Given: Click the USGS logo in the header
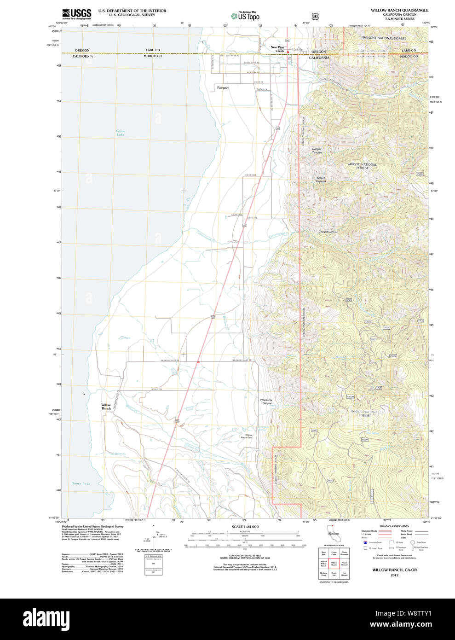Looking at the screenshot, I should point(76,13).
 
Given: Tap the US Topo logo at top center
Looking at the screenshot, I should point(246,16).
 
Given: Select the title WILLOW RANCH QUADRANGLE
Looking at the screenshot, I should point(399,10).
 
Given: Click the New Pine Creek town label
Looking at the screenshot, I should point(277,49).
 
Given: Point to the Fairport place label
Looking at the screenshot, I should point(223,87).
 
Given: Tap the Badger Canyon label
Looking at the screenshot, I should point(317,151).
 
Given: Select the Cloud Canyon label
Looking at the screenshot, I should point(321,179).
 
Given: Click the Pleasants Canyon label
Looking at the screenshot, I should point(266,401).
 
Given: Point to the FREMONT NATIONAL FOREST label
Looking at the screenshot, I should point(383,38).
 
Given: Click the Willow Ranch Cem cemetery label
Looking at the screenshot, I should point(247,436).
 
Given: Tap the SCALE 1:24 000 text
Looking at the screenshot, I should point(245,527).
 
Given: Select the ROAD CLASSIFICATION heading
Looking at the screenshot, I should point(394,526).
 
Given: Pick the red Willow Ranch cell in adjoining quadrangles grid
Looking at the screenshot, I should point(334,563).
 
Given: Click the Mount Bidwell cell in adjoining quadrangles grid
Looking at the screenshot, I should point(344,563).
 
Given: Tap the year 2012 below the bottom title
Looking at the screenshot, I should point(394,575).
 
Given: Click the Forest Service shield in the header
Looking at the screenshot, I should point(315,16).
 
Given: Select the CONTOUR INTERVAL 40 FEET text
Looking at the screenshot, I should point(245,556).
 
